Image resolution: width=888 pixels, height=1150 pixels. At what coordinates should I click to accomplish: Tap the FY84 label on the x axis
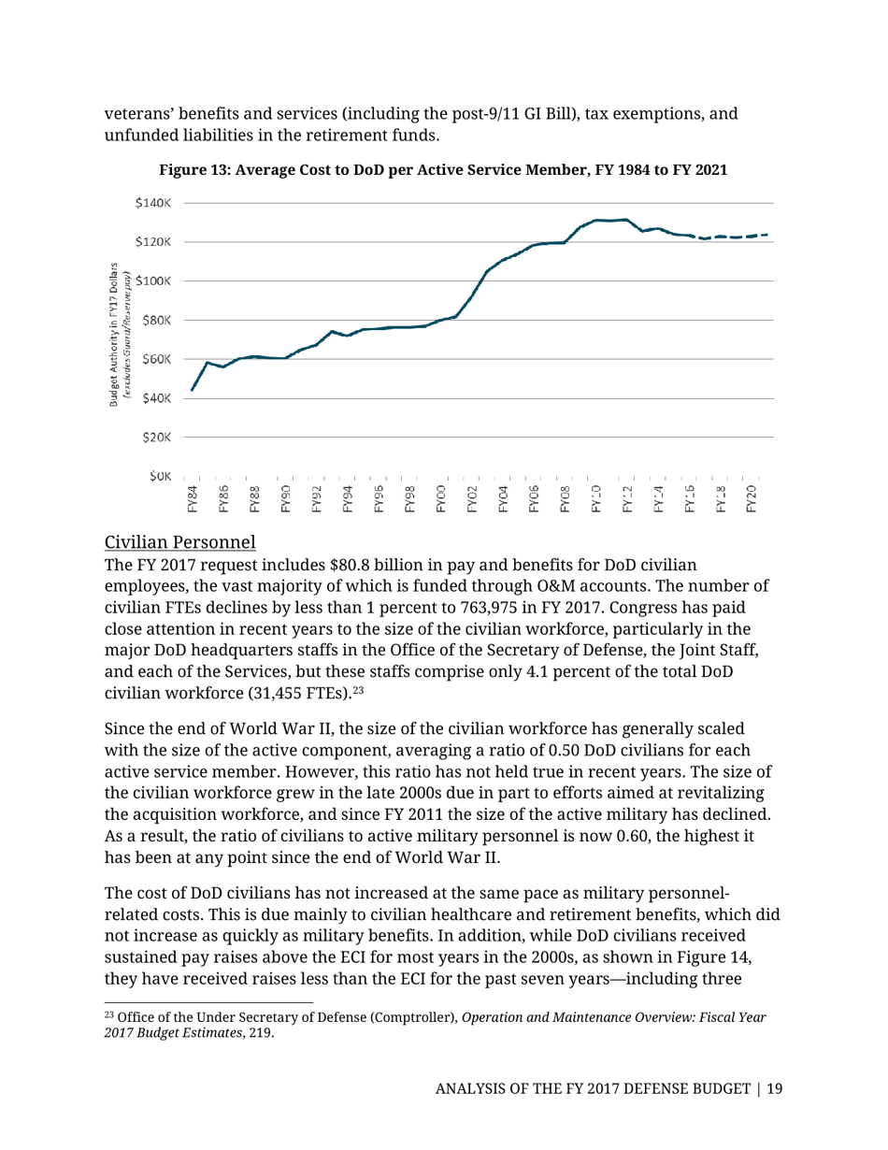coord(193,499)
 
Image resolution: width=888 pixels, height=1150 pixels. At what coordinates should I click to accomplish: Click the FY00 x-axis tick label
coord(440,499)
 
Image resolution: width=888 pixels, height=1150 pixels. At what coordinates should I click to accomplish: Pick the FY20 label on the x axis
coord(752,499)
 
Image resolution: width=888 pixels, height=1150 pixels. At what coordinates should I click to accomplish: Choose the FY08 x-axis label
coord(565,499)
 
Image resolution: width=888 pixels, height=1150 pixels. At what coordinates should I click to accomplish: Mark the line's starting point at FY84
coord(192,390)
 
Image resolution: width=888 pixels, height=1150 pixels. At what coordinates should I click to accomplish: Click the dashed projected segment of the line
coord(734,237)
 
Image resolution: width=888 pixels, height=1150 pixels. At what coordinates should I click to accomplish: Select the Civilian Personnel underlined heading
coord(180,541)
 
